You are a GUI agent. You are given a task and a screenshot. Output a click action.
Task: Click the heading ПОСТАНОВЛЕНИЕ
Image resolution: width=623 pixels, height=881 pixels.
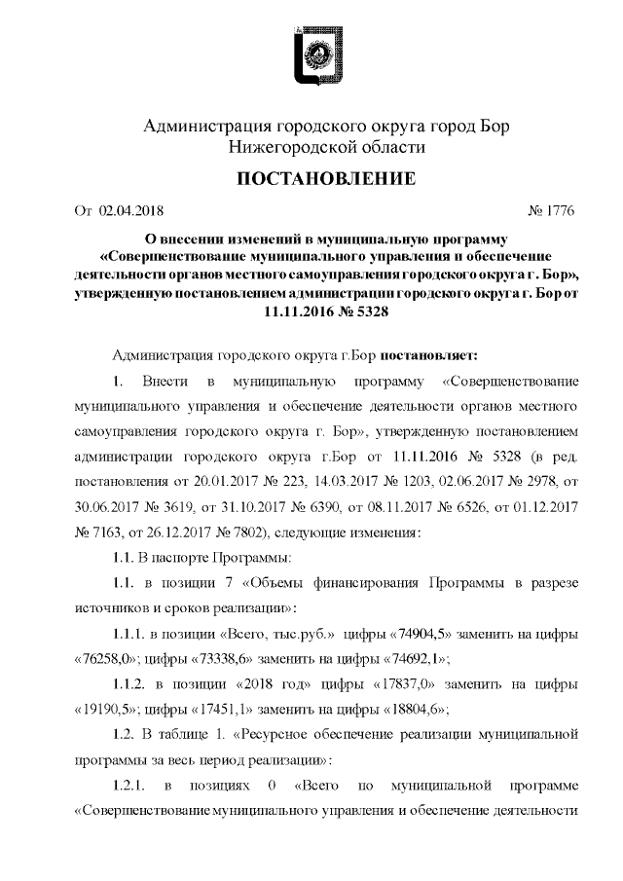312,179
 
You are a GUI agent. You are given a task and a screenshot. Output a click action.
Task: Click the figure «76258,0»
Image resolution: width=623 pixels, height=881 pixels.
107,658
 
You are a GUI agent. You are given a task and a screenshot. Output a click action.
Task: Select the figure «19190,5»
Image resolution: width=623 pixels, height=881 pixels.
107,709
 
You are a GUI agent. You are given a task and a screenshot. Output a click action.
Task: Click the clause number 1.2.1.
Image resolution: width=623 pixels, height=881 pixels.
127,785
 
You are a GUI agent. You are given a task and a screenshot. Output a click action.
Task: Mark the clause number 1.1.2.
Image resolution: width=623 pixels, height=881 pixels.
127,683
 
